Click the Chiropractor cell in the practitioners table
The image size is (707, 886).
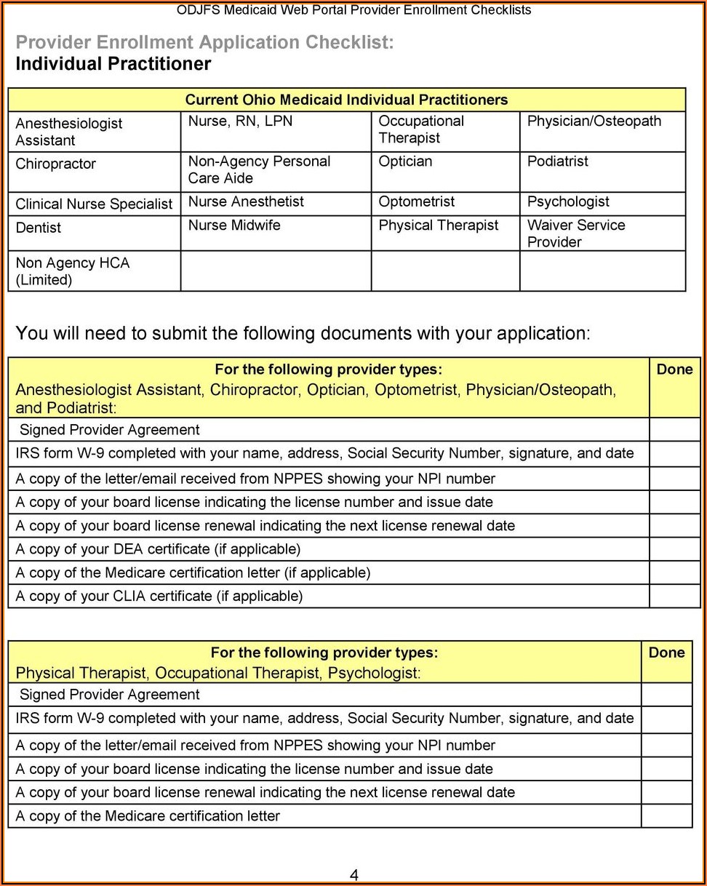point(56,164)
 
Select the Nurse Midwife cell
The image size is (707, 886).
point(234,226)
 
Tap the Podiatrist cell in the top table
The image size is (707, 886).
point(558,161)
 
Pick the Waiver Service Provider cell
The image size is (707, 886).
point(576,234)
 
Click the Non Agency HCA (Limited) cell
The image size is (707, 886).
point(72,271)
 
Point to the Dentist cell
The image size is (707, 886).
point(39,228)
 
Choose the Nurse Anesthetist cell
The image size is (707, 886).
point(246,201)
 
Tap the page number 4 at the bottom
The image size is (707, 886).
point(353,875)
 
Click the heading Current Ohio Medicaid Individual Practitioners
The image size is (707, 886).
point(346,100)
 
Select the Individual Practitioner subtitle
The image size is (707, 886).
point(113,64)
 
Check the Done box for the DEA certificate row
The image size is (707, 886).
point(674,549)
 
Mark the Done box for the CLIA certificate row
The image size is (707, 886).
point(674,596)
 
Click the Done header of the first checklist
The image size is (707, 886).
point(674,370)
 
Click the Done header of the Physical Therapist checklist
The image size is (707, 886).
point(666,652)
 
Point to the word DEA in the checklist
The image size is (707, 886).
point(128,549)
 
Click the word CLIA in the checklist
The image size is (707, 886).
point(130,596)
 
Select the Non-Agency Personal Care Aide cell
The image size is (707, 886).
point(259,169)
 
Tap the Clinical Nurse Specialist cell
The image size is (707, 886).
point(94,204)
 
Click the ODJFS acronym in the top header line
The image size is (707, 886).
point(199,10)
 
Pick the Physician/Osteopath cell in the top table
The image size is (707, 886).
point(594,121)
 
